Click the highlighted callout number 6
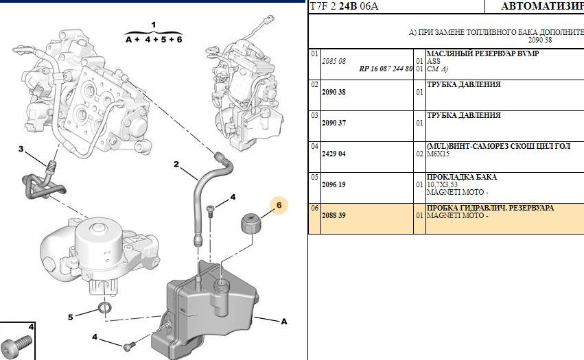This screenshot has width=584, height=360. (279, 204)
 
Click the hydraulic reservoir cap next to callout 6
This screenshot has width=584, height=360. (250, 224)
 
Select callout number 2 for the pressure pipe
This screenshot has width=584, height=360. (176, 165)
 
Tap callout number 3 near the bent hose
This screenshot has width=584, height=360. (21, 149)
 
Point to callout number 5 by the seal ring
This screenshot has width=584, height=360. (70, 317)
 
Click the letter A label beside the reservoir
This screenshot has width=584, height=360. (283, 320)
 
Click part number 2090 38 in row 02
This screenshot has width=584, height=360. (334, 92)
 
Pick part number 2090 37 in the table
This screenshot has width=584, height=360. (334, 123)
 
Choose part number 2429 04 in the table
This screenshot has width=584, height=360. (334, 154)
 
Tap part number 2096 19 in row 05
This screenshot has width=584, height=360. (334, 184)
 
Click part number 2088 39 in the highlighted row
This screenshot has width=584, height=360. (334, 215)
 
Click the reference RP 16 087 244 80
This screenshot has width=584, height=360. (386, 69)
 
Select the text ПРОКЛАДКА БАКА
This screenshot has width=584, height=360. (462, 177)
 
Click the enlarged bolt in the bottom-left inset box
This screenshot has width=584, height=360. (15, 344)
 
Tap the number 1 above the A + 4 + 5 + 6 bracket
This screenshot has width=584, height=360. (154, 25)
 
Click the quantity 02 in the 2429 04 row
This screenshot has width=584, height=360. (419, 154)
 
